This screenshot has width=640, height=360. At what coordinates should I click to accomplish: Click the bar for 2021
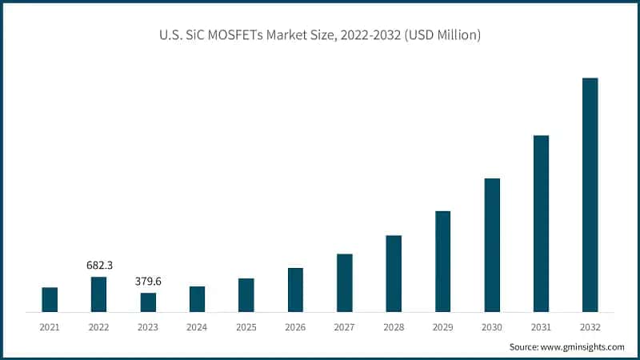[50, 299]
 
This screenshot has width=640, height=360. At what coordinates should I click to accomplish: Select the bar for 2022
[98, 294]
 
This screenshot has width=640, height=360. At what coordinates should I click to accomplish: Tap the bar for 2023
[148, 302]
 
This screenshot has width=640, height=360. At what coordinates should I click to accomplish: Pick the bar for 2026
[295, 289]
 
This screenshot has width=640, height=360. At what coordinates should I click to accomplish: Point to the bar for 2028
[394, 273]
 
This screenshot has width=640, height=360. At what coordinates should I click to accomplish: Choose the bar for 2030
[492, 244]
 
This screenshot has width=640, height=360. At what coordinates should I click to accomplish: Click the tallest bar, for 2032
[590, 194]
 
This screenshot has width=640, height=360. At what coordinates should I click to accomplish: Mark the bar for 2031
[541, 223]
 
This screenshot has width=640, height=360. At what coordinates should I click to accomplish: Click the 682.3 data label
[98, 265]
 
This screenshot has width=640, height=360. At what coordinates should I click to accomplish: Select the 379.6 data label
[148, 281]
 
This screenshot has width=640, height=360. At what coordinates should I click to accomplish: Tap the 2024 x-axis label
[197, 327]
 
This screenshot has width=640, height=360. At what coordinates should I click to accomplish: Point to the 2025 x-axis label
[246, 327]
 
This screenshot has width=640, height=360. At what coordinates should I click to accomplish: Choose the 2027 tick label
[344, 327]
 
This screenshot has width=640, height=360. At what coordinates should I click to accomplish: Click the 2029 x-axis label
[442, 327]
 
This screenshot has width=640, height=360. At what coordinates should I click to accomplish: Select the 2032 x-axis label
[590, 327]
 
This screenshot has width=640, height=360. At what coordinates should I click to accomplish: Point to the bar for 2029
[442, 261]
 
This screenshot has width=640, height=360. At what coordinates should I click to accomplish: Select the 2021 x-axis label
[50, 327]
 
